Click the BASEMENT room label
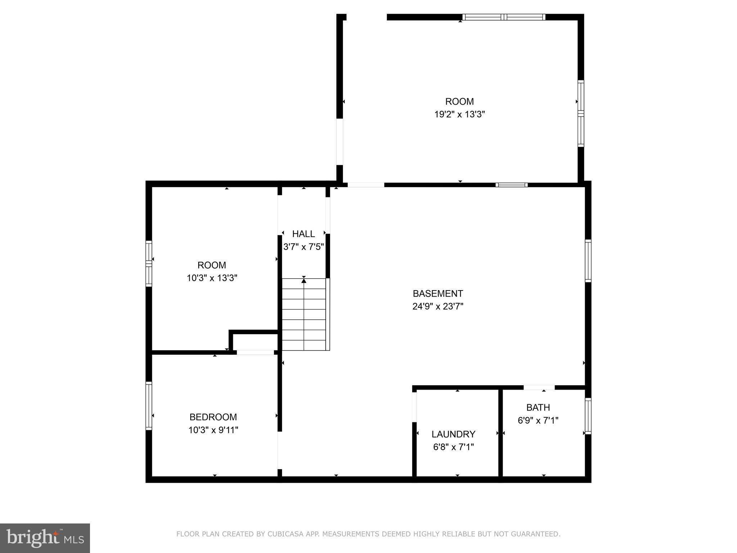point(438,293)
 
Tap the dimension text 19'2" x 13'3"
point(460,114)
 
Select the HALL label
point(303,234)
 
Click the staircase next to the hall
point(304,314)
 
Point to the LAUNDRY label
point(453,434)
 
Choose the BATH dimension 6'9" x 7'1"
point(538,421)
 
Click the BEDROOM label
point(213,417)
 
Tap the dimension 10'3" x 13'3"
point(212,278)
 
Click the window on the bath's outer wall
point(588,416)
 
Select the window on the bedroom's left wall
point(149,406)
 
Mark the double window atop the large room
point(504,17)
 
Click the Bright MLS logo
point(45,538)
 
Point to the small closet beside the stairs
point(255,342)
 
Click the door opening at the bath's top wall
point(539,387)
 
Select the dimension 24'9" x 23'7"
point(438,306)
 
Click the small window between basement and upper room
point(511,185)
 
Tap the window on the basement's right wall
point(588,261)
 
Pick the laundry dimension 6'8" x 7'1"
point(453,447)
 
